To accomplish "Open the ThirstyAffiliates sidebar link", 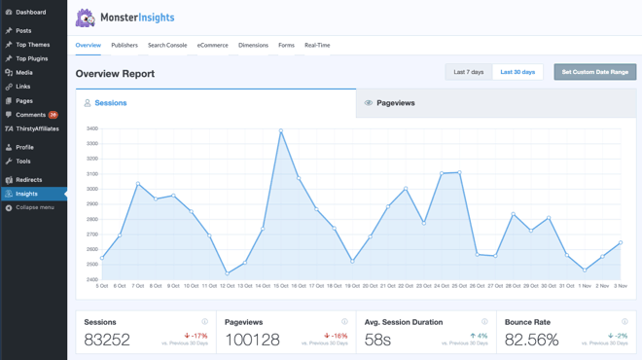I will pyautogui.click(x=36, y=128).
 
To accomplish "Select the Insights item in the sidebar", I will pyautogui.click(x=26, y=194).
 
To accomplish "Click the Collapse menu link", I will pyautogui.click(x=34, y=207).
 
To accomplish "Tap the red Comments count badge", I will pyautogui.click(x=53, y=115).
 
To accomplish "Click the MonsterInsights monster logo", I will pyautogui.click(x=86, y=18).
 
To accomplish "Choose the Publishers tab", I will pyautogui.click(x=125, y=45).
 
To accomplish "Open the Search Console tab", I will pyautogui.click(x=167, y=45).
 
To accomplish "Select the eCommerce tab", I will pyautogui.click(x=212, y=45).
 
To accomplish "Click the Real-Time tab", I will pyautogui.click(x=317, y=45).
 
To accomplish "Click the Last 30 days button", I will pyautogui.click(x=517, y=72).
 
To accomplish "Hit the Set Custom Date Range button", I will pyautogui.click(x=594, y=72).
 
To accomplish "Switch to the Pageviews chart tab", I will pyautogui.click(x=395, y=102).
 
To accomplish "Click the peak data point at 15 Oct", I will pyautogui.click(x=281, y=131).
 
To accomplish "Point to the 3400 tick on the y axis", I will pyautogui.click(x=91, y=128).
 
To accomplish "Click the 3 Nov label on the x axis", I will pyautogui.click(x=620, y=286).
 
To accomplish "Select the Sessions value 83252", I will pyautogui.click(x=107, y=340).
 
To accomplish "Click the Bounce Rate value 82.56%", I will pyautogui.click(x=531, y=340).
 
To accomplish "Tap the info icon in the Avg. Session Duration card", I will pyautogui.click(x=484, y=321).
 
